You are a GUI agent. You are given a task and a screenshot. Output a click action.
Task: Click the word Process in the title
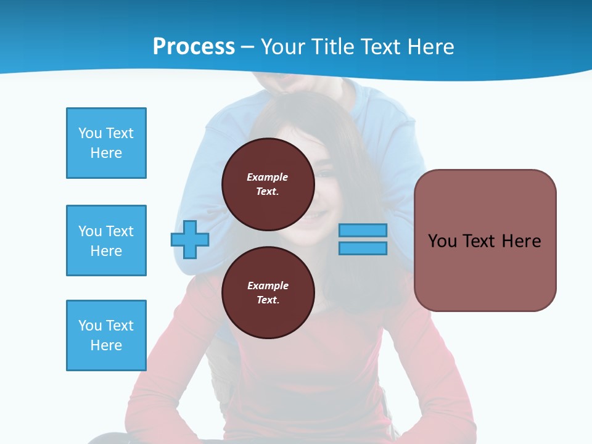[194, 47]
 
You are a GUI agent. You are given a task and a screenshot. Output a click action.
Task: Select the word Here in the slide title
[429, 47]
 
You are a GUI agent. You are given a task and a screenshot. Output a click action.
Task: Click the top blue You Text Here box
[106, 143]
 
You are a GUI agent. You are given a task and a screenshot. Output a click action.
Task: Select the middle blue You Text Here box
[106, 240]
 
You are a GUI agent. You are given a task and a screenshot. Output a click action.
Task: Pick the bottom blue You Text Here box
[106, 335]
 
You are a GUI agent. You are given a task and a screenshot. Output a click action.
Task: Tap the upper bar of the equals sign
[363, 231]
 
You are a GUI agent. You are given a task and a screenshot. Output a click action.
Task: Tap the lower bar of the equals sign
[363, 249]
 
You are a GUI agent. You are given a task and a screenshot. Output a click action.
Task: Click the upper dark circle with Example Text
[268, 184]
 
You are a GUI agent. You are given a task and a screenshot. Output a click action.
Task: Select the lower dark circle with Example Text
[268, 293]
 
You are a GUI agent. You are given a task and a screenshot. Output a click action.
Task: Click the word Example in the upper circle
[268, 177]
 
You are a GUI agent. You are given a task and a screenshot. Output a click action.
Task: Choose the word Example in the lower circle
[268, 286]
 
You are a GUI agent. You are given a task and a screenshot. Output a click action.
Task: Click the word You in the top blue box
[89, 133]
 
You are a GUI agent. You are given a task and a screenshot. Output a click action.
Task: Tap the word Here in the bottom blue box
[106, 345]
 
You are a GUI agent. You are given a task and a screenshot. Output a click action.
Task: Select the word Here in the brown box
[521, 241]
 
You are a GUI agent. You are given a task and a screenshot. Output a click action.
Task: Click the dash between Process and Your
[248, 47]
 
